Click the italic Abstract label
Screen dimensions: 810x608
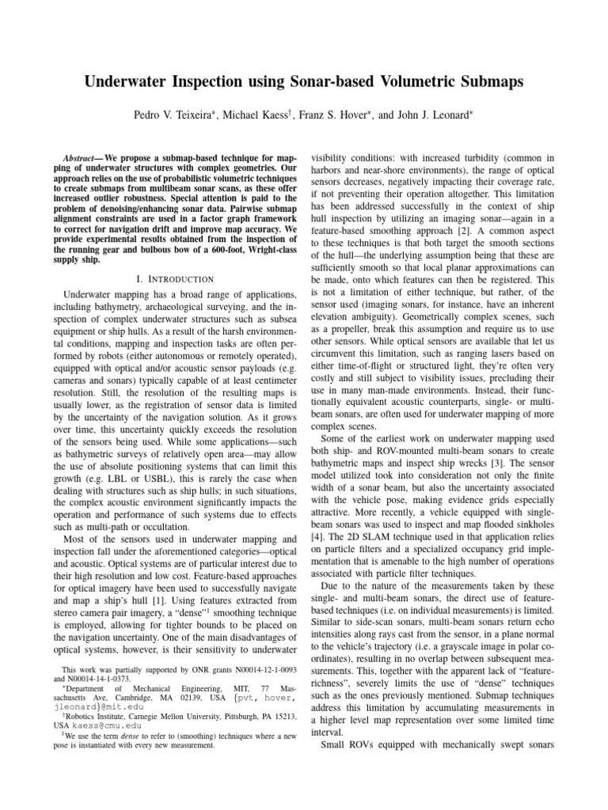click(81, 159)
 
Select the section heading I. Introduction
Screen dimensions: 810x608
click(175, 278)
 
